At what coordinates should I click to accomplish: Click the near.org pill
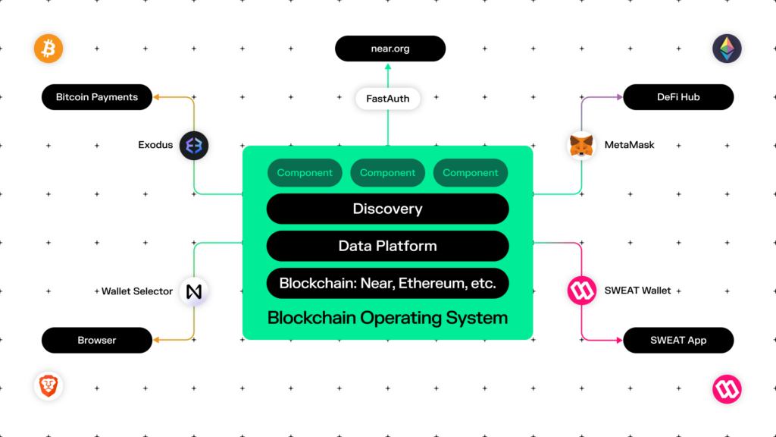click(x=390, y=49)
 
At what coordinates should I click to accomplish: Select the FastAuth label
click(x=388, y=99)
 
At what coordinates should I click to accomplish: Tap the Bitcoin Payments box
click(x=97, y=97)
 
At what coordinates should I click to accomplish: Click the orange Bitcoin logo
click(x=48, y=49)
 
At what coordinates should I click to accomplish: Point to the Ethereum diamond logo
click(x=727, y=49)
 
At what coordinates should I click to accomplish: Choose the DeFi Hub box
click(x=678, y=97)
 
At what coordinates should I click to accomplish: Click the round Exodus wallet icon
click(x=194, y=146)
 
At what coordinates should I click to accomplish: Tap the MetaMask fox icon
click(x=581, y=146)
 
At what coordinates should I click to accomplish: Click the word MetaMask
click(x=630, y=145)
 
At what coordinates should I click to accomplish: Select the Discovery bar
click(x=387, y=209)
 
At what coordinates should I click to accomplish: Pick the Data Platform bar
click(x=387, y=246)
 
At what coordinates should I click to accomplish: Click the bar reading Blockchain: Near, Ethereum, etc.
click(x=387, y=284)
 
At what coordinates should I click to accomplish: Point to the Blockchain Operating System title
click(x=387, y=318)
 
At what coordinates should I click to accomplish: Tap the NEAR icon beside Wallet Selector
click(x=194, y=291)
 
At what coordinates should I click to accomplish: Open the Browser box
click(x=97, y=341)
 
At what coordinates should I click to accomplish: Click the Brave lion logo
click(x=48, y=386)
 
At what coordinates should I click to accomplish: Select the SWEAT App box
click(x=678, y=341)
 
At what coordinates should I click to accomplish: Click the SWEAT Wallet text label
click(x=637, y=291)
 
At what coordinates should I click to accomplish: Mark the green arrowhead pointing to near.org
click(x=388, y=67)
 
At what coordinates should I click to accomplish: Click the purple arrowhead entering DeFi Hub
click(x=620, y=97)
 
